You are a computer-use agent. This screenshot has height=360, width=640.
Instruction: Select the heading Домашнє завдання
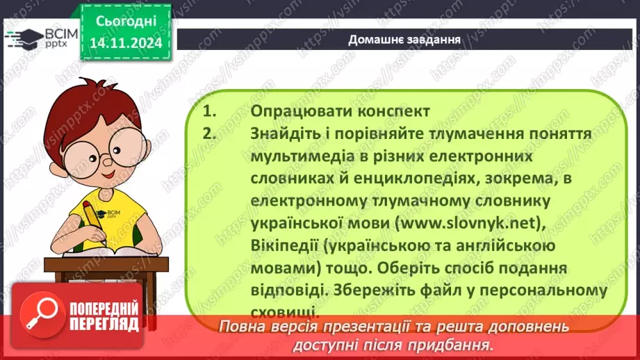pyautogui.click(x=405, y=39)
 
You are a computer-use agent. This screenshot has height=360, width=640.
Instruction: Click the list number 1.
pyautogui.click(x=208, y=111)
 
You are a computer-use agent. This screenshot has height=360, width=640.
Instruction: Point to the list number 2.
pyautogui.click(x=209, y=133)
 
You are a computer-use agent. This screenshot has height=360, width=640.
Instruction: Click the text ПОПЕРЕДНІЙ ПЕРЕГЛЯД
pyautogui.click(x=104, y=316)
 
